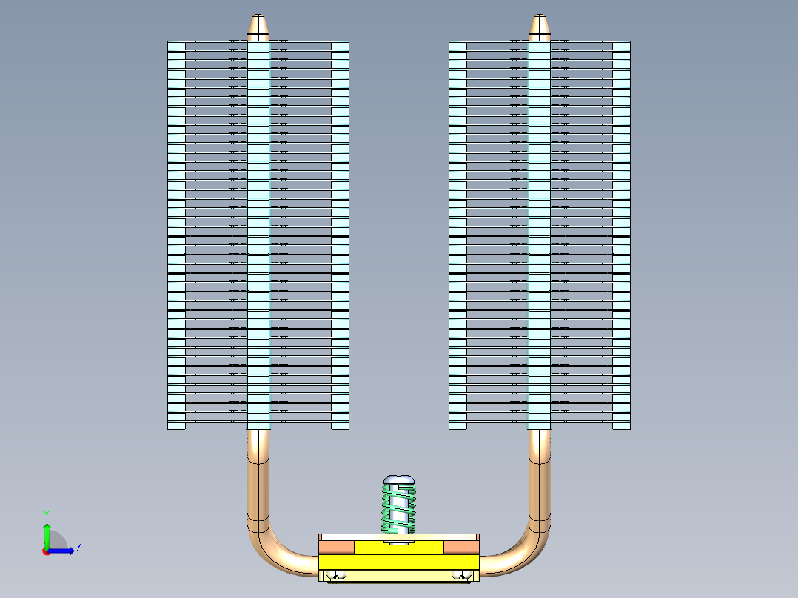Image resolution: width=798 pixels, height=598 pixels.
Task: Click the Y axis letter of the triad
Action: (46, 514)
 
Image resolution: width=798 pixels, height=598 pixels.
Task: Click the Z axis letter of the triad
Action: (78, 547)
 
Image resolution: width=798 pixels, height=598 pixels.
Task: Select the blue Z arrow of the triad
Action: (65, 551)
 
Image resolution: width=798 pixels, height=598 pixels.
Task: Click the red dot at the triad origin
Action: (46, 551)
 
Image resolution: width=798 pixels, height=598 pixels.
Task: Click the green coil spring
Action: (398, 508)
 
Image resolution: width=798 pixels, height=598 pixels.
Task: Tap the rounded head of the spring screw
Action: (398, 479)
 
